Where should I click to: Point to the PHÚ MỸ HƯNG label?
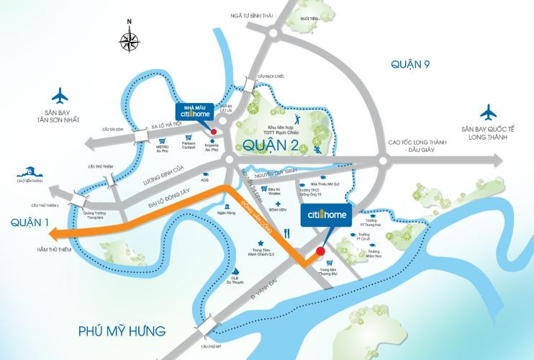tap(121, 331)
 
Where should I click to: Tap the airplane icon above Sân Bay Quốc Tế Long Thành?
tap(490, 112)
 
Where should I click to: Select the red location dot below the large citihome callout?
tap(321, 250)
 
